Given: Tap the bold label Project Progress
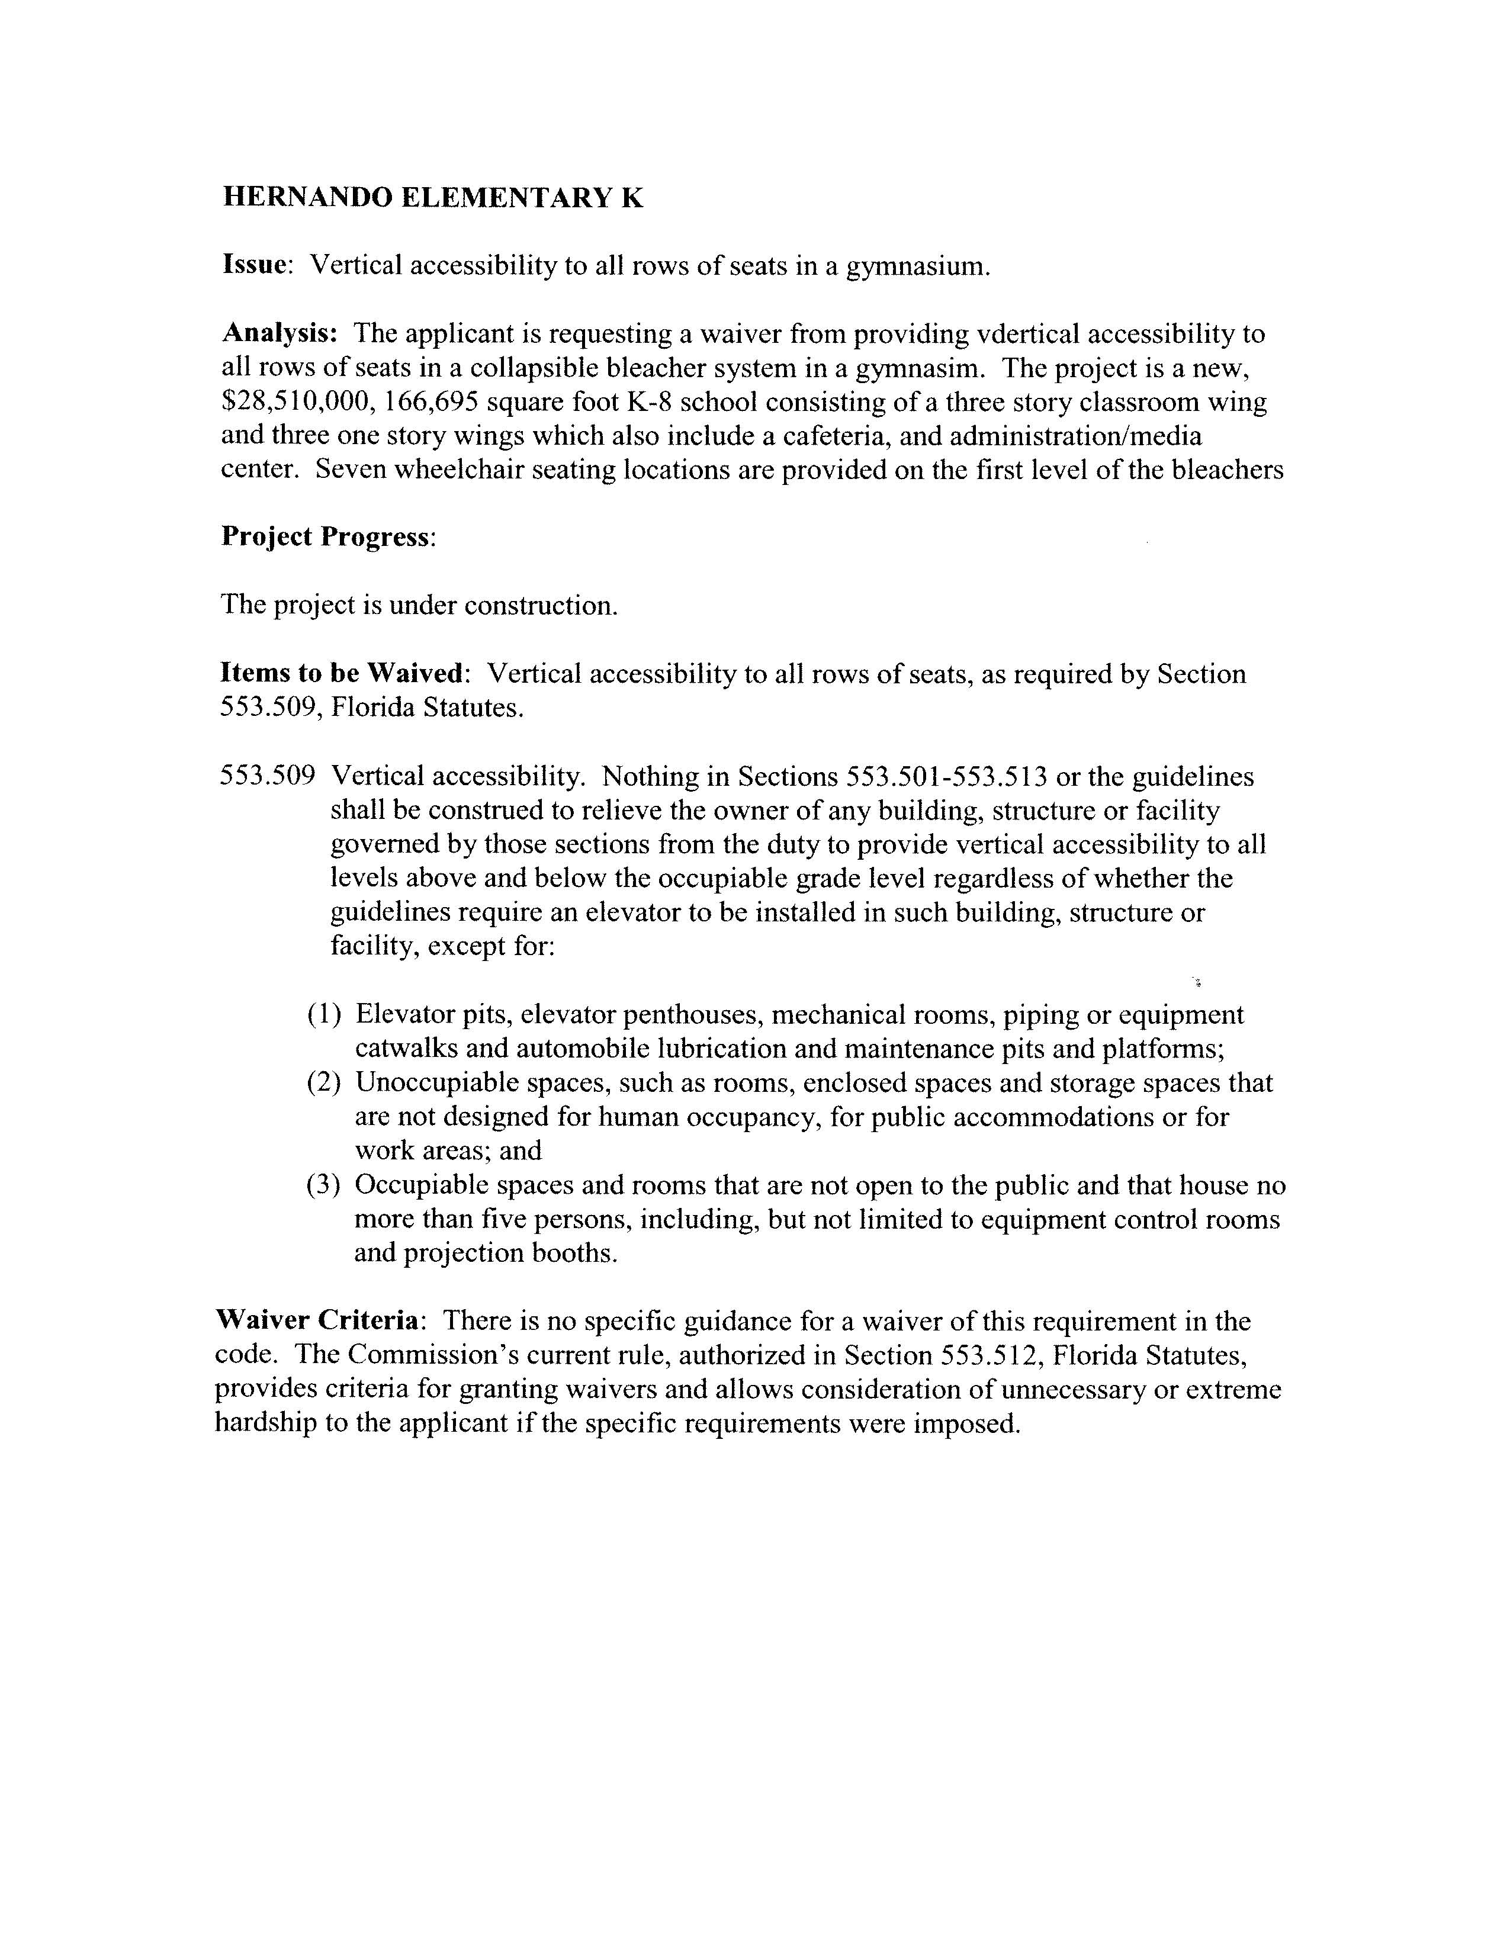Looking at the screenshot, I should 326,537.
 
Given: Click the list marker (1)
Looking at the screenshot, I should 325,1014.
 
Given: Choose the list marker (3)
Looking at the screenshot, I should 325,1185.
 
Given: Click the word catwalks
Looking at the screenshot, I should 407,1049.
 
